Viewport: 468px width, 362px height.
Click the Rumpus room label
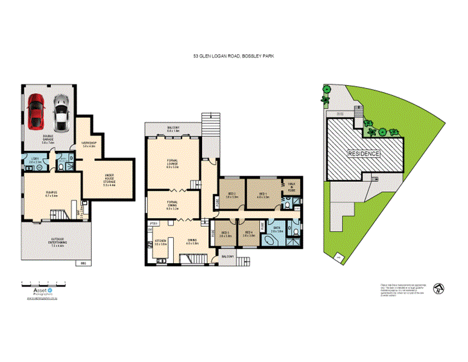[51, 194]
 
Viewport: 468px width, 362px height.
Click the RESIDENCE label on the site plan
[364, 154]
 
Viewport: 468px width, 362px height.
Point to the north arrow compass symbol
[438, 290]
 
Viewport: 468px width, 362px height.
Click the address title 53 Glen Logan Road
[233, 56]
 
